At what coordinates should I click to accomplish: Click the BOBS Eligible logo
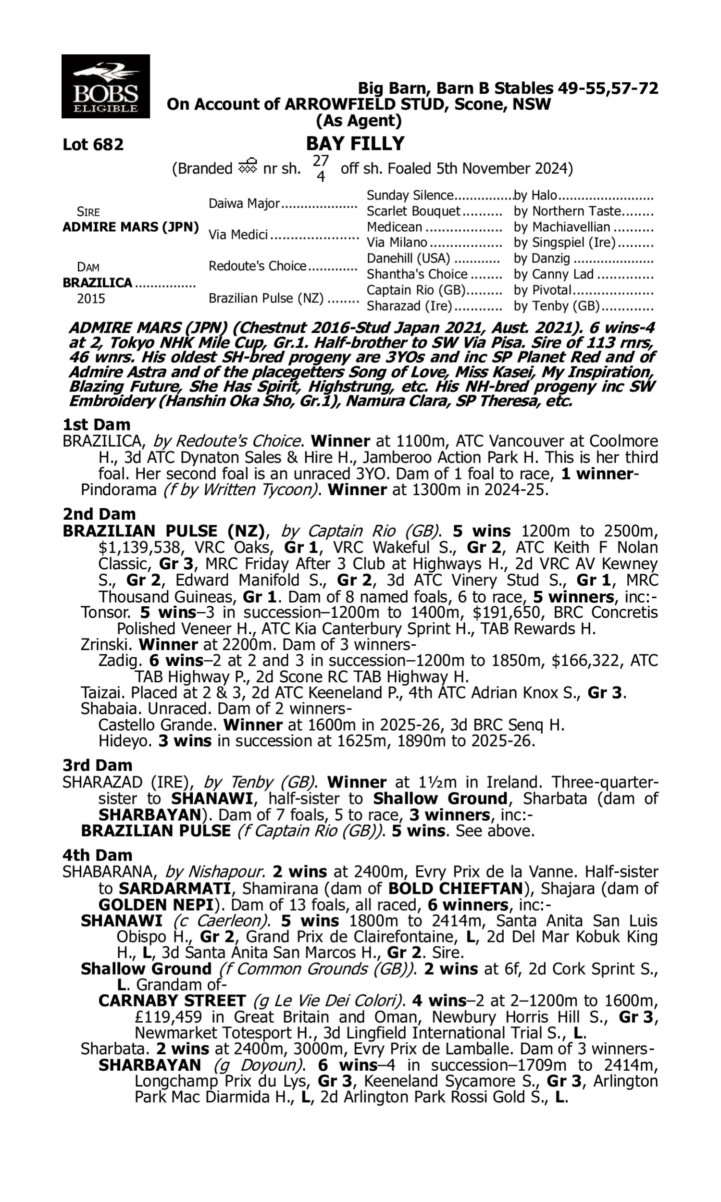point(105,87)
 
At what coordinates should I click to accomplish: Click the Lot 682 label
point(93,145)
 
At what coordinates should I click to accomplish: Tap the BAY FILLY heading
point(355,144)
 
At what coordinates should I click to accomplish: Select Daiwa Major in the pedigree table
point(244,203)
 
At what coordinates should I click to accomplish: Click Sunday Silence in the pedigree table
point(410,195)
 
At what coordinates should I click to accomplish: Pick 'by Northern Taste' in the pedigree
point(568,212)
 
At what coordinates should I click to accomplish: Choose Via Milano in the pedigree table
point(397,242)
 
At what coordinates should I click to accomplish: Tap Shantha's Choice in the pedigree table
point(417,275)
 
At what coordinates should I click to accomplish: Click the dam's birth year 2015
point(91,299)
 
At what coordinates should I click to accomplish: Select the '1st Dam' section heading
point(97,425)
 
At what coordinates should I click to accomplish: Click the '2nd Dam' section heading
point(99,514)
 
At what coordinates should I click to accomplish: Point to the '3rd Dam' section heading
point(97,765)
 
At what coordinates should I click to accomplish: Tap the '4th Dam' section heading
point(97,854)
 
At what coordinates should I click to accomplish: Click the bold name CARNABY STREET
point(172,1001)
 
